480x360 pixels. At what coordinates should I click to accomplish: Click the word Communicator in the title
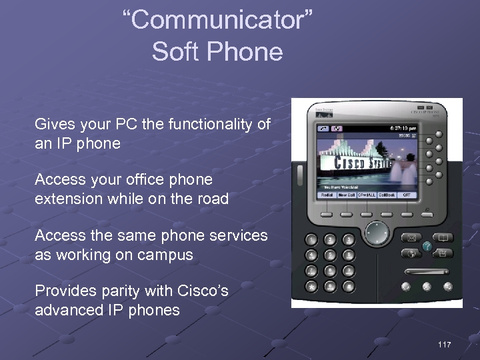click(x=217, y=21)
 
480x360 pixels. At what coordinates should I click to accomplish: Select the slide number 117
click(x=445, y=344)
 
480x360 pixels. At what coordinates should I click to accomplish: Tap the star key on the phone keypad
click(x=311, y=285)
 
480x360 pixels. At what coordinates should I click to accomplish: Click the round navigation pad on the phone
click(x=377, y=234)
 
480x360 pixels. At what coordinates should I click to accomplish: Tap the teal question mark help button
click(x=427, y=246)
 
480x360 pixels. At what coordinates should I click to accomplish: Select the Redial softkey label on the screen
click(x=327, y=195)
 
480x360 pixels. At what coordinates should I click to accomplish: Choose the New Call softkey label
click(x=346, y=195)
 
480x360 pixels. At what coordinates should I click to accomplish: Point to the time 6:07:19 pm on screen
click(x=403, y=127)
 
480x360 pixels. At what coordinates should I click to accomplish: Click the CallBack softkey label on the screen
click(x=387, y=195)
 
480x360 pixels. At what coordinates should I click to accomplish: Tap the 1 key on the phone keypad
click(x=311, y=239)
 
